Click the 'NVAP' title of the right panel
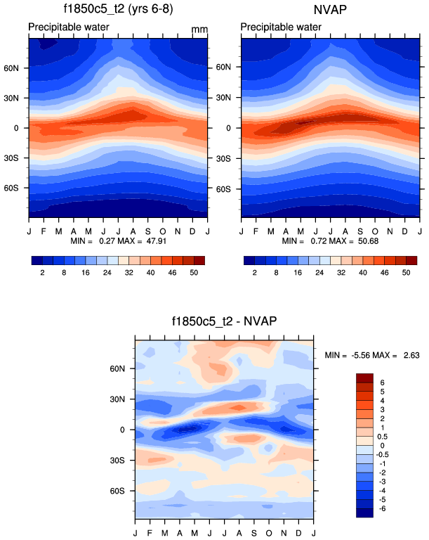click(330, 11)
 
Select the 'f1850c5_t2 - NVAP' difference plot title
click(225, 322)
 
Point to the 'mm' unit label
click(200, 30)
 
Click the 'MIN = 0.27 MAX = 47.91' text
click(118, 241)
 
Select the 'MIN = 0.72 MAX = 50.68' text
click(330, 241)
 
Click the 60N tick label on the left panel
click(18, 67)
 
